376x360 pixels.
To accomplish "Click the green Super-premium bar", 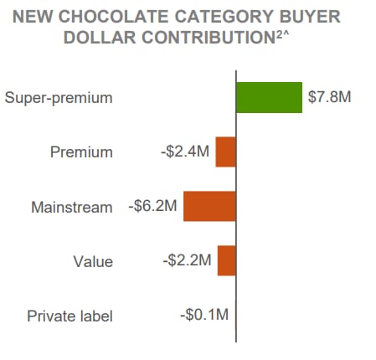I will (x=269, y=97).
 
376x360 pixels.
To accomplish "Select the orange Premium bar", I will (x=226, y=152).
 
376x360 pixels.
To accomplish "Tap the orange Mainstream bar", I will (x=209, y=207).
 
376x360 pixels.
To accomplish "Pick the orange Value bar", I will (x=227, y=260).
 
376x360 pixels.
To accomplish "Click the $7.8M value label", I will (x=329, y=97).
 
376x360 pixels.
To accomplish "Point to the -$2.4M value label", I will (x=185, y=152).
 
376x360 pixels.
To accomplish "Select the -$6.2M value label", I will (x=152, y=207).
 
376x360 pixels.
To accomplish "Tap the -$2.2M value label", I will (x=187, y=260).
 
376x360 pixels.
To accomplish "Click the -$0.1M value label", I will (x=204, y=316).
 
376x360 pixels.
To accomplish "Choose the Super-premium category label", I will (x=59, y=98).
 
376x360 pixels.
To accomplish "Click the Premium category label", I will (x=81, y=152).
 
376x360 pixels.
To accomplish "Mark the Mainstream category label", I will (x=72, y=207).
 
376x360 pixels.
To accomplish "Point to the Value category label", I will (x=93, y=261).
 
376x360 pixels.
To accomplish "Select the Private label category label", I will (x=70, y=316).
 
